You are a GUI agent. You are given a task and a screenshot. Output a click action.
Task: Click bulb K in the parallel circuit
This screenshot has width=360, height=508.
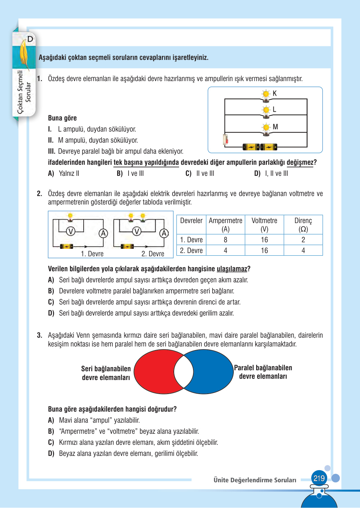coord(266,95)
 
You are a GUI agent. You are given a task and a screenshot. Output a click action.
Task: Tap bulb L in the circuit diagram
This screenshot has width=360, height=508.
coord(266,110)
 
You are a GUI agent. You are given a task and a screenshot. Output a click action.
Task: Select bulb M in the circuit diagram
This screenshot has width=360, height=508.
coord(266,128)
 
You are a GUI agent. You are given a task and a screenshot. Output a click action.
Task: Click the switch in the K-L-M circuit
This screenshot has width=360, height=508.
coord(225,139)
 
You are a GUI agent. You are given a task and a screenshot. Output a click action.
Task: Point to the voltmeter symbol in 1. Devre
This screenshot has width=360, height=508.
coord(71,231)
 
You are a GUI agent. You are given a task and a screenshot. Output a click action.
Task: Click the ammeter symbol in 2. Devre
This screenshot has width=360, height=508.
coord(164,233)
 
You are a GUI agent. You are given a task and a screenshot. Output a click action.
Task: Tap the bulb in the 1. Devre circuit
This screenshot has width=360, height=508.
coord(70,217)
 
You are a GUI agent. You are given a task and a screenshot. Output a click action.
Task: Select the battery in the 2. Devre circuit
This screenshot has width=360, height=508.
coord(127,247)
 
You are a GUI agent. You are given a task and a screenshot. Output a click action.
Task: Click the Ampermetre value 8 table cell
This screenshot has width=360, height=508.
coord(225,240)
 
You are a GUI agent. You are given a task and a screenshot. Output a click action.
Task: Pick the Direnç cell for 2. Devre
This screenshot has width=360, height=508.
coord(303,250)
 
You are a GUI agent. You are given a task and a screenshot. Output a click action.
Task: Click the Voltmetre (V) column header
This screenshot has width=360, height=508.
coord(264,225)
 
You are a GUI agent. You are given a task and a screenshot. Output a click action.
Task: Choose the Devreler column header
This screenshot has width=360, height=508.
coord(191,221)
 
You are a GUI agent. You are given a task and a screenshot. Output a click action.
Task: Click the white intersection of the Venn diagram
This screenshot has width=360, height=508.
coord(184,372)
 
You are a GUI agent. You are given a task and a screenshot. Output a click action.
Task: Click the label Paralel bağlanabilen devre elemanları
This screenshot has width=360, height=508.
coord(263,372)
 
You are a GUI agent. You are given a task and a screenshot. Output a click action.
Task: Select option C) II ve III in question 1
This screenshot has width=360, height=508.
coord(200,174)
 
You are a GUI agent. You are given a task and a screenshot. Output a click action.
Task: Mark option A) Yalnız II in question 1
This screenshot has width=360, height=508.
coord(64,174)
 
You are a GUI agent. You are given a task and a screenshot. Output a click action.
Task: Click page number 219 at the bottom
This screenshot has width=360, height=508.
coord(319,478)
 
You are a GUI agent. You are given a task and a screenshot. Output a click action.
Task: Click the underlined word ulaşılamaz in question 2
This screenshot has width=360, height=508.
coord(232,269)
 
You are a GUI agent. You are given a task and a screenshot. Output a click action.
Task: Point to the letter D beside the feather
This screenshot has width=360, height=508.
coord(30,39)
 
